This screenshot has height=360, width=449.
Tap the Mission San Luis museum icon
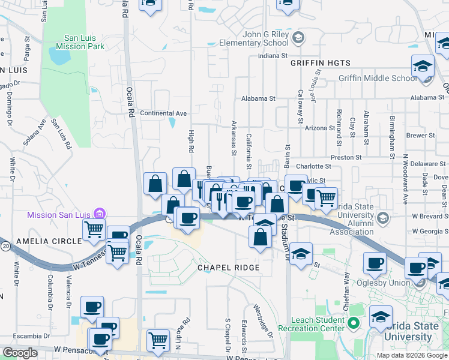[x=100, y=214]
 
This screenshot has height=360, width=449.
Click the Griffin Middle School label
[x=377, y=78]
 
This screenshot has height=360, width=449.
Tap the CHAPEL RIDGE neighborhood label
[x=229, y=268]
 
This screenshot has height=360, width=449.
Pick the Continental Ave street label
[x=163, y=113]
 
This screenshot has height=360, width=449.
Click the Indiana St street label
[x=273, y=56]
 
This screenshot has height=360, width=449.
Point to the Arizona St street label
[x=319, y=128]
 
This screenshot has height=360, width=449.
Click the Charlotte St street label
[x=313, y=166]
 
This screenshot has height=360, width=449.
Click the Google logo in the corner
[x=20, y=353]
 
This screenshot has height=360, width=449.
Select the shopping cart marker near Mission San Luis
[x=94, y=229]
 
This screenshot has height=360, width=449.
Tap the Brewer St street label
[x=420, y=136]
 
